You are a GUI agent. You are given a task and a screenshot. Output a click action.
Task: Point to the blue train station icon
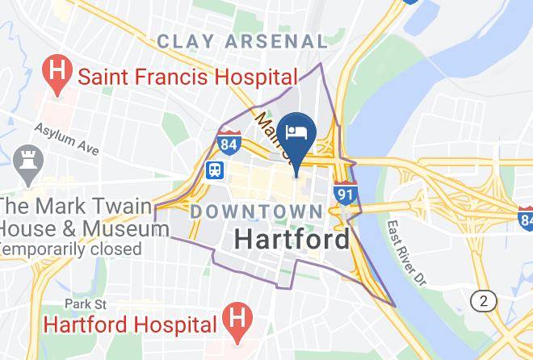(x=215, y=170)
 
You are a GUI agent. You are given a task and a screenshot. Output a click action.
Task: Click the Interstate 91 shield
(x=345, y=195)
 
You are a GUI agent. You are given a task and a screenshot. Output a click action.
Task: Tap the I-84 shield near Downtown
(x=229, y=143)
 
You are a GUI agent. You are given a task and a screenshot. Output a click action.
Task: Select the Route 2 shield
(x=485, y=301)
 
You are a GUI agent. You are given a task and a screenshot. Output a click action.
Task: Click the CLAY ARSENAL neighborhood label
(x=242, y=40)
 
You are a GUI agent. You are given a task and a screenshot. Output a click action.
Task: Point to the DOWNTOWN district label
(x=256, y=211)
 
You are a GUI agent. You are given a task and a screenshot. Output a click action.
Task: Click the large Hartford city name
(x=292, y=239)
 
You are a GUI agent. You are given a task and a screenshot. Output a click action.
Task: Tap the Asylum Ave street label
(x=66, y=140)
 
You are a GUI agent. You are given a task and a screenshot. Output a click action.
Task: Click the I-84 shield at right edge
(x=527, y=216)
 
